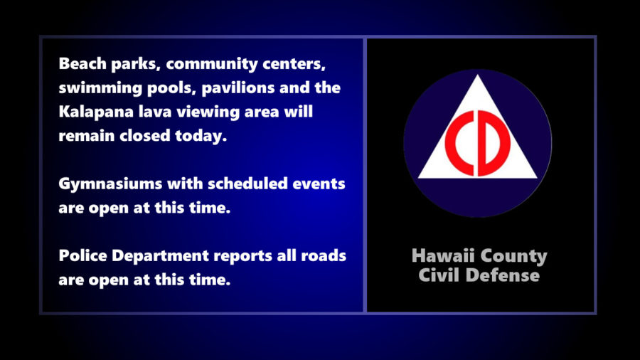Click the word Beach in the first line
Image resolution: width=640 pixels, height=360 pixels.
tap(82, 63)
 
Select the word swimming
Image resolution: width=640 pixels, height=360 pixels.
tap(100, 88)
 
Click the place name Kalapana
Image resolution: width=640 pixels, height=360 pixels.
tap(96, 112)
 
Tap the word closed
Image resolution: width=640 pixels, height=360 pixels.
tap(144, 135)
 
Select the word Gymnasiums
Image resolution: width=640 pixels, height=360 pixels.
tap(111, 184)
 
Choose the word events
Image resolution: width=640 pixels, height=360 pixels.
tap(319, 184)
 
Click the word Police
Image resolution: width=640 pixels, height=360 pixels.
tap(83, 256)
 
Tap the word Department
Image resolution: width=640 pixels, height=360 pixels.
tap(160, 257)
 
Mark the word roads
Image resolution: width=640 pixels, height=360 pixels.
tap(324, 256)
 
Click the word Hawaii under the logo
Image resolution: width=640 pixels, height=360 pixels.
tap(443, 256)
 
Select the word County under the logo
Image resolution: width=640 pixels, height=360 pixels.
tap(513, 257)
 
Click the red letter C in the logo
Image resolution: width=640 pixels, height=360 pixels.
tap(459, 143)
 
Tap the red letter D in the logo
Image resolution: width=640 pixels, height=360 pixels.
tap(494, 143)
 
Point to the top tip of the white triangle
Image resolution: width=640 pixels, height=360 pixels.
tap(478, 75)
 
